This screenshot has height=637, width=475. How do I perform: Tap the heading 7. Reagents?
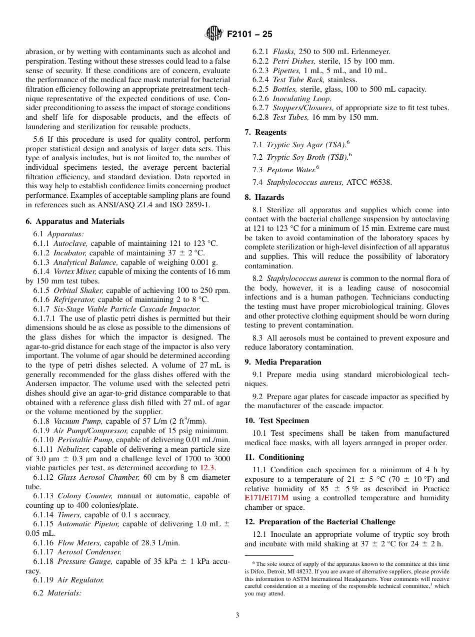pos(265,132)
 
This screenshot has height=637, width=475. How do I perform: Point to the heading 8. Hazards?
pos(264,197)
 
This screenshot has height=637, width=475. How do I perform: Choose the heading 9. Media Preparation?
pos(283,362)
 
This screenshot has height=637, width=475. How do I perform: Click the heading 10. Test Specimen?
pos(277,421)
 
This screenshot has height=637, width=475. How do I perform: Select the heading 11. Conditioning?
pos(274,457)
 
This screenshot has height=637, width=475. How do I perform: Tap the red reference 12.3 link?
pos(207,468)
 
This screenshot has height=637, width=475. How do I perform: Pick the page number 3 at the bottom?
pos(237,615)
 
